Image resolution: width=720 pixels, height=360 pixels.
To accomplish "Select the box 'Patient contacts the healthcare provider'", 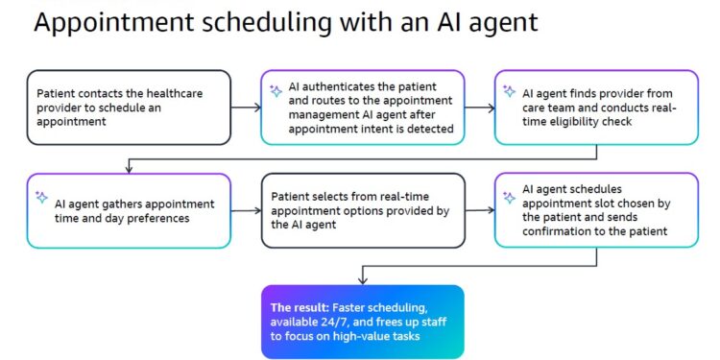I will tap(129, 108).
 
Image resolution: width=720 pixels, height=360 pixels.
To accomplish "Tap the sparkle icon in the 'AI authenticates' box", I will tap(276, 91).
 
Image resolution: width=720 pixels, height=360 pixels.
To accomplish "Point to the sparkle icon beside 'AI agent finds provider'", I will tap(511, 92).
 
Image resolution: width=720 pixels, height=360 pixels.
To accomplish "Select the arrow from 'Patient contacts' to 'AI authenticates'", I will tap(246, 108).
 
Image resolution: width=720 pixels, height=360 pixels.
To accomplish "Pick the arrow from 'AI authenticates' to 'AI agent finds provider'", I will tap(481, 108).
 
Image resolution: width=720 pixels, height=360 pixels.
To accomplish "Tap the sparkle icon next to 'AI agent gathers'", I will tap(41, 197).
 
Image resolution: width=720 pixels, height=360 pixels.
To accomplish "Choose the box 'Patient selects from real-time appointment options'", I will tap(363, 210).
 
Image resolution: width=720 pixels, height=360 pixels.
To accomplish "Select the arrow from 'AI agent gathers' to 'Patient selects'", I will tap(246, 210).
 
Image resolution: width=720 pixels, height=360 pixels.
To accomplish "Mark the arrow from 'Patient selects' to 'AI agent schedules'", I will tap(481, 210).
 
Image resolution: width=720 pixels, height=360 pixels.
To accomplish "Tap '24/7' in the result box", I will tap(332, 322).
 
